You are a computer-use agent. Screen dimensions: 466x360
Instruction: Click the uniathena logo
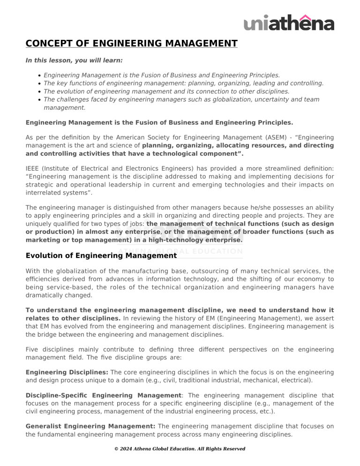pos(289,22)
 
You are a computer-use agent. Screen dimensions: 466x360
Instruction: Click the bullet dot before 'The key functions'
pos(39,83)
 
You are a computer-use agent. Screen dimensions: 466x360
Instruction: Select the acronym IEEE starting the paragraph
pos(34,168)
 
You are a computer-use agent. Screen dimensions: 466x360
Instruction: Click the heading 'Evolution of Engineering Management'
pos(101,256)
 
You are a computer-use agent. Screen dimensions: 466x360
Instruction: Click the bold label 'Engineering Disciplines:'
pos(67,372)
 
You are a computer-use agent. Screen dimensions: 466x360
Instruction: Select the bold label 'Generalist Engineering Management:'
pos(90,426)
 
